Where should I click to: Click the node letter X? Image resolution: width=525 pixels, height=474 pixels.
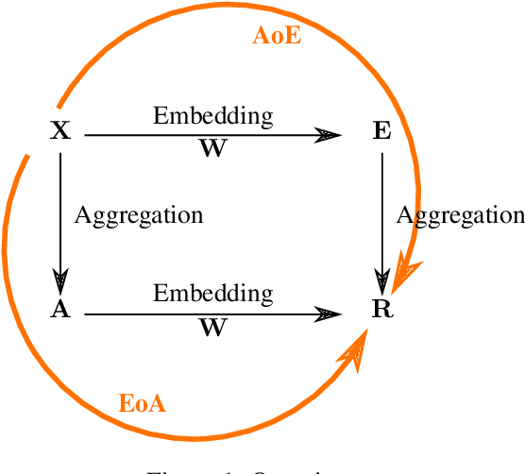point(60,130)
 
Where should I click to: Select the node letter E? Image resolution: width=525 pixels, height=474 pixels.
point(381,130)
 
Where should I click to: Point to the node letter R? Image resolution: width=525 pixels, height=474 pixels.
point(381,309)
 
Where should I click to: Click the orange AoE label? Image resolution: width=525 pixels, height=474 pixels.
point(277,36)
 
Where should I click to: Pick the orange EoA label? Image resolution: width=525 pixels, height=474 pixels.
point(143,404)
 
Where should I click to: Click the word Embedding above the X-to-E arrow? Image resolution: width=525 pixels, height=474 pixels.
point(213,116)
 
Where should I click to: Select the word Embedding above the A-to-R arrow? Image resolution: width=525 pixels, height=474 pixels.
point(213,293)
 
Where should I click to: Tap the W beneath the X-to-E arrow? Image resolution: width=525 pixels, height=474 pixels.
point(212,150)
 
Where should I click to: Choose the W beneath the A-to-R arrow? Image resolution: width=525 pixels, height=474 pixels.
point(212,328)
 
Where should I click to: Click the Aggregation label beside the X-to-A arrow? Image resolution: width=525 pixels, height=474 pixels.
point(139,214)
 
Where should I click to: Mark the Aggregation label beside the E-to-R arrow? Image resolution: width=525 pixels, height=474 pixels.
point(460,214)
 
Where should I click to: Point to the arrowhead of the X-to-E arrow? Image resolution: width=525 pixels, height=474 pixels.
point(330,136)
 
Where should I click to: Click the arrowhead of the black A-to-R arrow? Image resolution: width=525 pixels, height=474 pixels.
point(330,313)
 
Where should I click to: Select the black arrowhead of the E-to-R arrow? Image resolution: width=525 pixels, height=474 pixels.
point(381,279)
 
